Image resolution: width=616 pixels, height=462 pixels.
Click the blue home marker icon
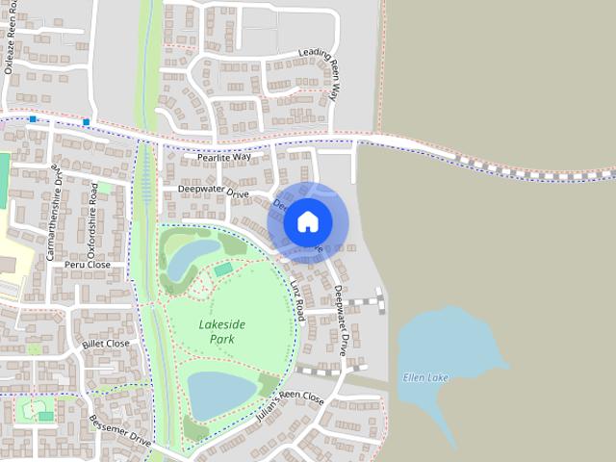pyautogui.click(x=307, y=222)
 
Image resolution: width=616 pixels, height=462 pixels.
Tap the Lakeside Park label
pyautogui.click(x=217, y=332)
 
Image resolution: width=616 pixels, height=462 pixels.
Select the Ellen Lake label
pyautogui.click(x=425, y=377)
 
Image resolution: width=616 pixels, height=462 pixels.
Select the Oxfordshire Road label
pyautogui.click(x=93, y=221)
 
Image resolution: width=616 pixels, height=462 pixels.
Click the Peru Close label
pyautogui.click(x=88, y=264)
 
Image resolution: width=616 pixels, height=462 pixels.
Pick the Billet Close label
pyautogui.click(x=105, y=343)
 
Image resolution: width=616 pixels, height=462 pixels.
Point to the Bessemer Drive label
pyautogui.click(x=120, y=425)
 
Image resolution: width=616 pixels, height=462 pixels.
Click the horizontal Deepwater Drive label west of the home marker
pyautogui.click(x=213, y=191)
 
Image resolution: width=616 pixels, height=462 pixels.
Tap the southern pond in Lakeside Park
pyautogui.click(x=220, y=393)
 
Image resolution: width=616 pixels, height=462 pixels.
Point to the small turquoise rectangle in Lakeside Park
pyautogui.click(x=223, y=270)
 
